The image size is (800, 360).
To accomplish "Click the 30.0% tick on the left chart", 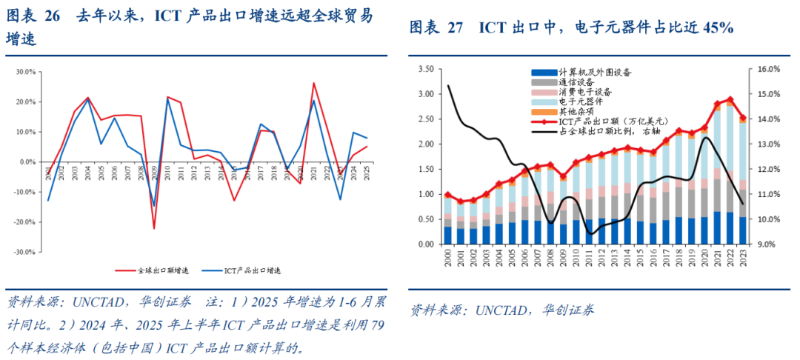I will [x=26, y=72].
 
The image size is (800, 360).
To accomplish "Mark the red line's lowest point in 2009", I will [x=154, y=228].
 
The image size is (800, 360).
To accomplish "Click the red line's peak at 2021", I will [x=313, y=83].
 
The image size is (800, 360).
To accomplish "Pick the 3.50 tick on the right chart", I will [x=425, y=69].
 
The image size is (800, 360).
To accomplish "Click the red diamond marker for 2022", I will [x=730, y=99].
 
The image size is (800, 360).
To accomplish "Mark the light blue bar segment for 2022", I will [x=730, y=141].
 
